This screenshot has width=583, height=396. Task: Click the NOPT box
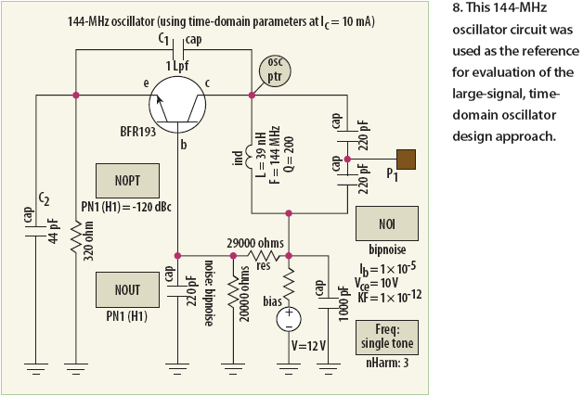tap(127, 181)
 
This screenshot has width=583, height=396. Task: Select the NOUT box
tap(127, 289)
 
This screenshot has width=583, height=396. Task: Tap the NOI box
tap(387, 224)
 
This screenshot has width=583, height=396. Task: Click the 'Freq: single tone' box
tap(387, 338)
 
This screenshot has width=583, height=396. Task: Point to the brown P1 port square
tap(406, 160)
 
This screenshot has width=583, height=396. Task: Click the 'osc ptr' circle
tap(275, 71)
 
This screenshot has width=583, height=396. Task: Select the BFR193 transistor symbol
tap(177, 105)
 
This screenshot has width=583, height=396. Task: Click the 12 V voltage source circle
tap(289, 319)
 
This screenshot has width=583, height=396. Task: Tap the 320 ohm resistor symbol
tap(76, 237)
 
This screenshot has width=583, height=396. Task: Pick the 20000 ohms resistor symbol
tap(234, 293)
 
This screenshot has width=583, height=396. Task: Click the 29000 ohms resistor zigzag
tap(263, 256)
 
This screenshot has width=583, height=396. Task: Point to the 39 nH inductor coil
tap(248, 156)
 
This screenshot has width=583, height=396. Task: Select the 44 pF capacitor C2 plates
tap(36, 230)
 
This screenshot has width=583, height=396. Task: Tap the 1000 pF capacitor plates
tap(329, 302)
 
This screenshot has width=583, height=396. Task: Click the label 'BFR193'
tap(138, 132)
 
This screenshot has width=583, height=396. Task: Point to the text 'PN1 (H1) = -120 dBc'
tap(126, 207)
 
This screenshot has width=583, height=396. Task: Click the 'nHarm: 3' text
tap(387, 363)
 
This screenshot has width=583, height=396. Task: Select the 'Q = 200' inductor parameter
tap(290, 155)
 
